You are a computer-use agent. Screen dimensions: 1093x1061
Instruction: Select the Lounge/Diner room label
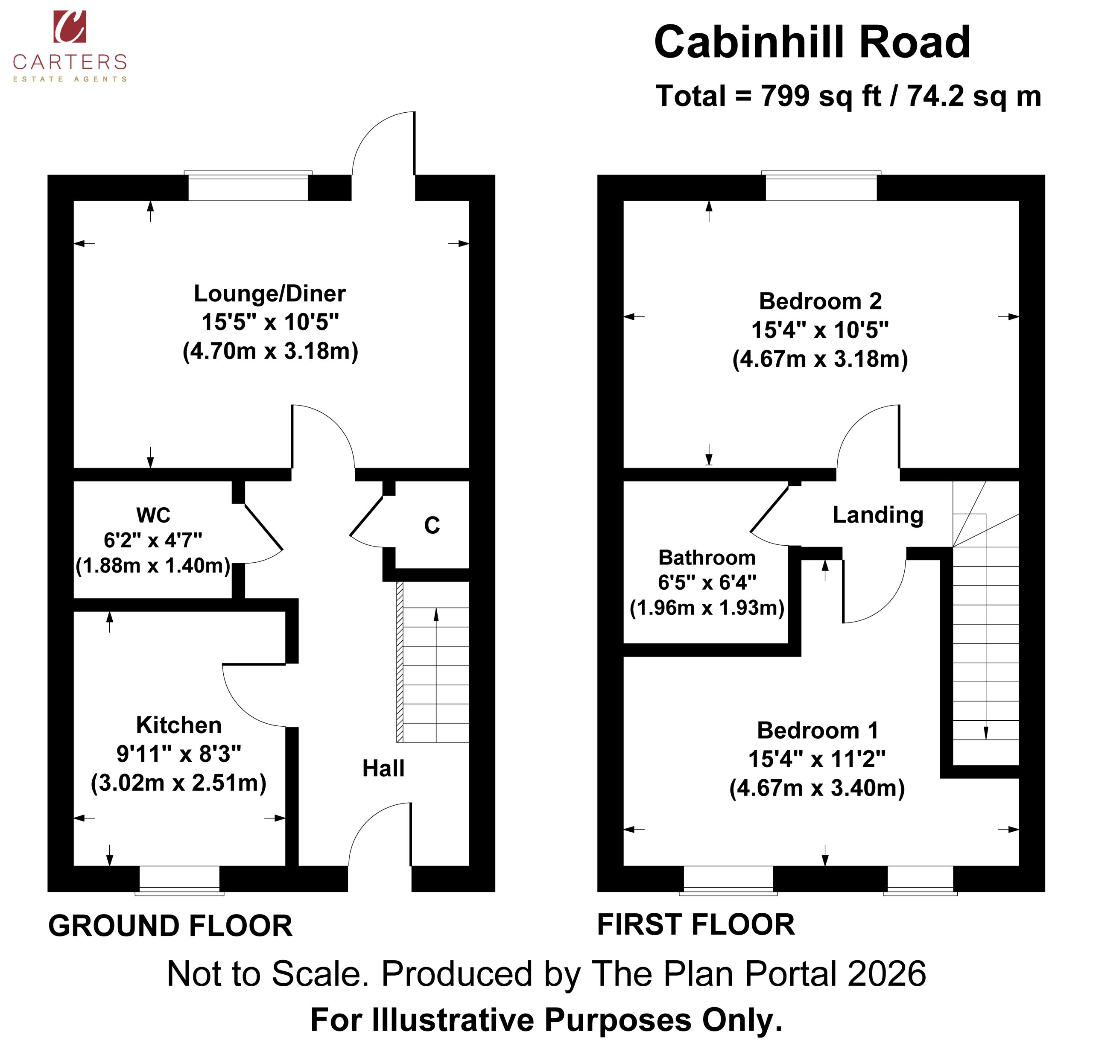(269, 293)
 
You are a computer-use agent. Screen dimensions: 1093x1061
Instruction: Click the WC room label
(153, 515)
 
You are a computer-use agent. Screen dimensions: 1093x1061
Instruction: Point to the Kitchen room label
(179, 725)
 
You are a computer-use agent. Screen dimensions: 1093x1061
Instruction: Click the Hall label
(384, 768)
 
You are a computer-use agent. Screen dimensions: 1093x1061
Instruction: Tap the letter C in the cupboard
(432, 525)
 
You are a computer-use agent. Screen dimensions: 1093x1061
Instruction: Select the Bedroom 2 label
(820, 301)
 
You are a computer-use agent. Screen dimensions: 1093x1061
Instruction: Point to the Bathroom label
(707, 557)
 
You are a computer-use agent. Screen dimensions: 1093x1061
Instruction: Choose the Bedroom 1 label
(818, 730)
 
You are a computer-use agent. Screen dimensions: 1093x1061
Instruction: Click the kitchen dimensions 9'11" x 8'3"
(179, 754)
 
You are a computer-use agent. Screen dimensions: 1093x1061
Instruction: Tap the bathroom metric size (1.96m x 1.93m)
(707, 607)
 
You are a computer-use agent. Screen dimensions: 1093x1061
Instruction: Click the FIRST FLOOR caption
(696, 924)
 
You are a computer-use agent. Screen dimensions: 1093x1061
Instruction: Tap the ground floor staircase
(433, 662)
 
